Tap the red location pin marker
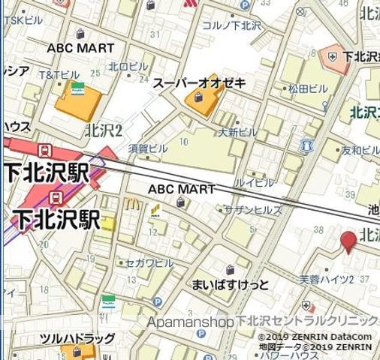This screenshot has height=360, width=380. tap(348, 241)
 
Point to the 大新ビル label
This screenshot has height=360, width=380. tap(238, 132)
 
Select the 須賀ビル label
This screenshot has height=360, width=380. tap(147, 148)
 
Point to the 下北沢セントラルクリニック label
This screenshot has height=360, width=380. tap(308, 322)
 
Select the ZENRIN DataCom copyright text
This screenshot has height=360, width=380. tap(315, 337)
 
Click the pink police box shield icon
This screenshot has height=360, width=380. tap(330, 55)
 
